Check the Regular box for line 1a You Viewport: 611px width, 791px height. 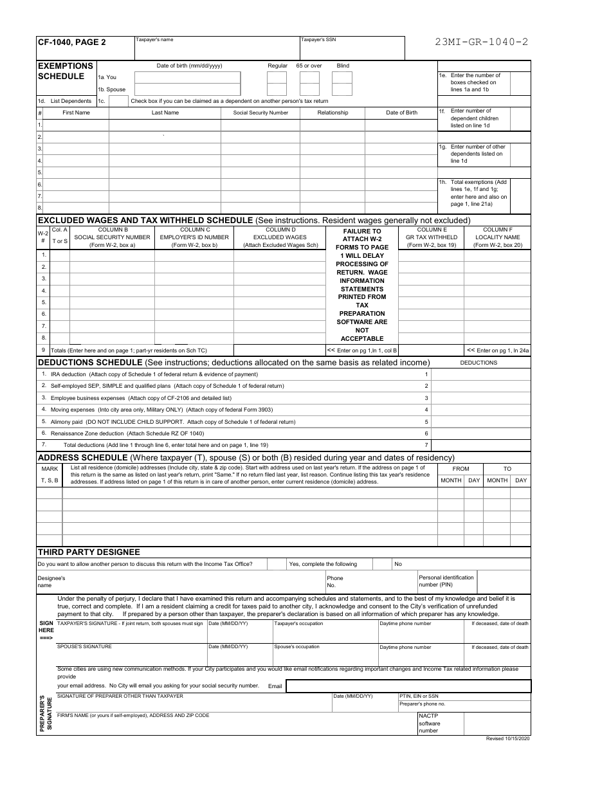(x=277, y=78)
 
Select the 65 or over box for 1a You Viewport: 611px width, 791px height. (x=309, y=78)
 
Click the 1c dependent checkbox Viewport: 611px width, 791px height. (x=118, y=101)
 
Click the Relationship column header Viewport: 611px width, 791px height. (x=333, y=113)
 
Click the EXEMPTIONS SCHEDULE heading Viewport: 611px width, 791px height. (x=66, y=71)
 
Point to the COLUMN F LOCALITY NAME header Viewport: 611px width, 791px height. (x=497, y=237)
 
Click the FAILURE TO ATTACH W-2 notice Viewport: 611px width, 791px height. (x=362, y=284)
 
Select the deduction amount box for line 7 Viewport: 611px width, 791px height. (x=480, y=444)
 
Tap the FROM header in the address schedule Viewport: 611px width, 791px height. (x=461, y=469)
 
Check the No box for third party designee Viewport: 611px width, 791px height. (x=382, y=564)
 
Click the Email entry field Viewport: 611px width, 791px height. (x=408, y=686)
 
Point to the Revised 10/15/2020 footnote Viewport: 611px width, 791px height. (x=508, y=738)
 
